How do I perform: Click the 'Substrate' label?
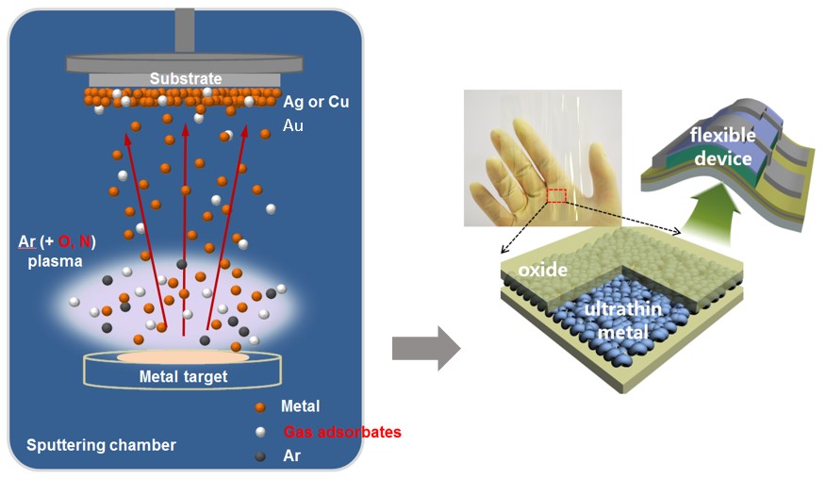click(x=186, y=79)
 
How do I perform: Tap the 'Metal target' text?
click(x=183, y=377)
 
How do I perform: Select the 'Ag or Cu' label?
click(x=316, y=101)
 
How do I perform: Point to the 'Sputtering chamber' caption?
click(x=101, y=444)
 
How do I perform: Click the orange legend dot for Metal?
click(x=261, y=406)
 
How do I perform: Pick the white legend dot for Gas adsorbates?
click(x=261, y=431)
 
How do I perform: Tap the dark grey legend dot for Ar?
click(x=261, y=454)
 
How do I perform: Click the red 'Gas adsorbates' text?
click(x=342, y=432)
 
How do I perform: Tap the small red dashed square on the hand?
click(x=556, y=195)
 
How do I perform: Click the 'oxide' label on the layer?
click(x=542, y=270)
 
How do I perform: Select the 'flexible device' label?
click(x=722, y=146)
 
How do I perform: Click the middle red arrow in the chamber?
click(x=184, y=226)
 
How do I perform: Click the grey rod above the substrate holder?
click(x=184, y=30)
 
